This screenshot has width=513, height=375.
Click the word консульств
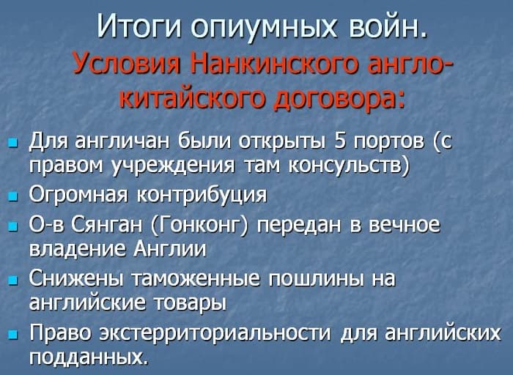pos(352,165)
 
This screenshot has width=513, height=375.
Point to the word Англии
pos(171,249)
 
